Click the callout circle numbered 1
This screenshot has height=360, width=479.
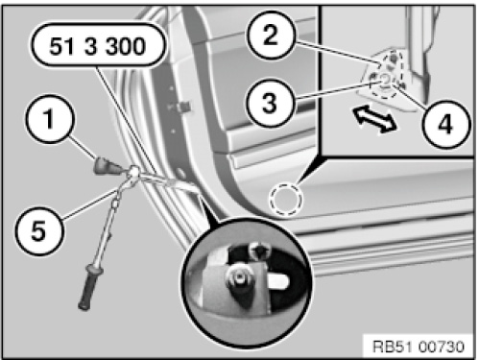click(50, 119)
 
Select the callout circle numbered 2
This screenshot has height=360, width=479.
click(271, 35)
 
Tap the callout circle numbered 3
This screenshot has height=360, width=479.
click(271, 103)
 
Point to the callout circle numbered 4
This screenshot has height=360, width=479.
click(445, 124)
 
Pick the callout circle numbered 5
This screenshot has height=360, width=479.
click(38, 230)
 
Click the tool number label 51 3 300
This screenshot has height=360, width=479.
click(98, 45)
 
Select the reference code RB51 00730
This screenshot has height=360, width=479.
click(419, 347)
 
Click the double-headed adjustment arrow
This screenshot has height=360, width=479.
click(375, 118)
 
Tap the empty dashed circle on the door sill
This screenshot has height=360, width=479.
click(286, 200)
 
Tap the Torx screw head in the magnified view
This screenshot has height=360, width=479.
click(259, 250)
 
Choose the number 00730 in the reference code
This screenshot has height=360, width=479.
click(441, 347)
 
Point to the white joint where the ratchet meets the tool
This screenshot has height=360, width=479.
click(133, 174)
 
